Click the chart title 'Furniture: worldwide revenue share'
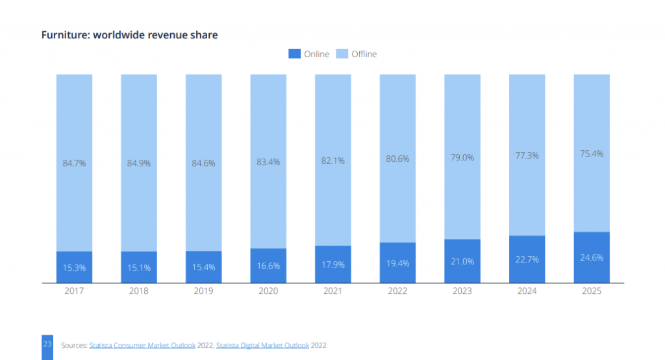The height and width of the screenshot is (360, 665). click(129, 35)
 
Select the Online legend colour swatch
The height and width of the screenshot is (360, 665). click(294, 54)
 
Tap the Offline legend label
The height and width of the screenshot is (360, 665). click(364, 54)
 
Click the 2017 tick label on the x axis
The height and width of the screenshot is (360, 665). click(74, 291)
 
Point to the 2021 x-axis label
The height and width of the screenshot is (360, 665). click(333, 291)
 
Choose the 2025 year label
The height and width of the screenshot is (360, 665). click(592, 291)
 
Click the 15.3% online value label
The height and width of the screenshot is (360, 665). click(74, 267)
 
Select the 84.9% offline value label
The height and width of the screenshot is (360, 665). click(139, 163)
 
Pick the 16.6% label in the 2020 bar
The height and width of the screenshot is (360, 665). click(268, 265)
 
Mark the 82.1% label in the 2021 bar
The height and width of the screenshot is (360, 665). click(333, 161)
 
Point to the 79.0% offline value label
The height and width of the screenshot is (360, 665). click(462, 157)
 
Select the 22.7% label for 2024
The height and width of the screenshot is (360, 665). click(527, 260)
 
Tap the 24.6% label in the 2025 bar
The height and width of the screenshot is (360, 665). click(592, 257)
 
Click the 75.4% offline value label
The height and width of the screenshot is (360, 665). click(592, 153)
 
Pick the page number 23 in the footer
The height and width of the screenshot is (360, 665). click(47, 344)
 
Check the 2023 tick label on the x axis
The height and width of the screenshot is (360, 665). click(462, 291)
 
